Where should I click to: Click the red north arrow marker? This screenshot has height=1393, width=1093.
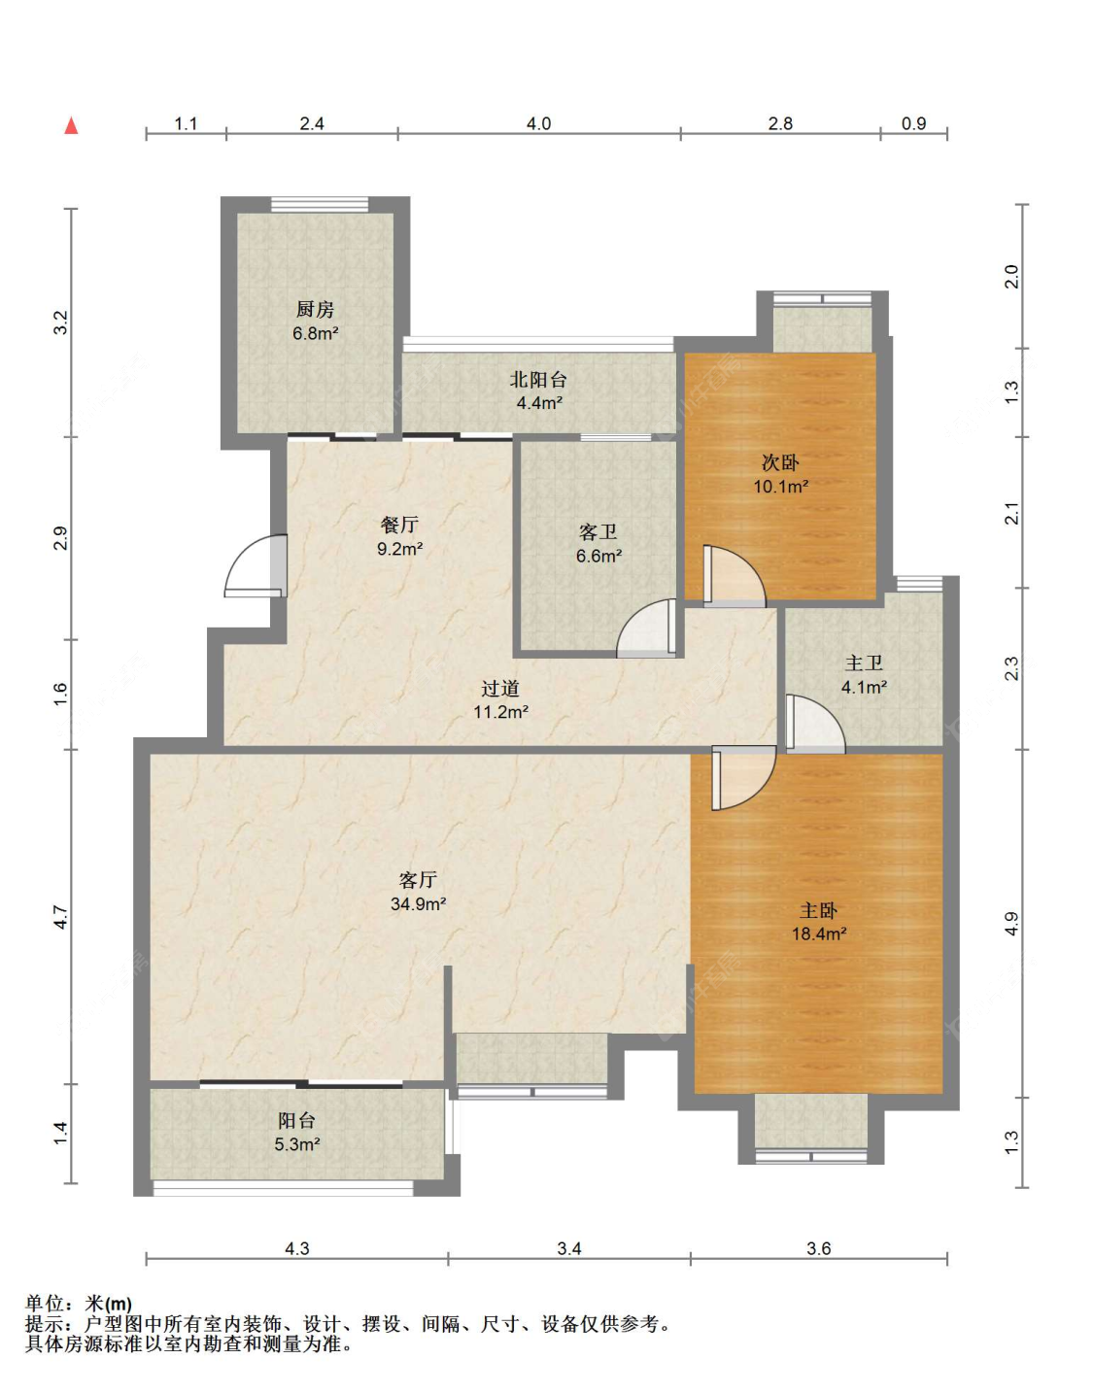pos(71,125)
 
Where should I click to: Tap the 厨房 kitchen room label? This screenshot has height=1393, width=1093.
pos(315,310)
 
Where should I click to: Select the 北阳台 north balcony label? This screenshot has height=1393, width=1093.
pos(538,380)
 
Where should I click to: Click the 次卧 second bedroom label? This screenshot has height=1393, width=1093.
pos(780,462)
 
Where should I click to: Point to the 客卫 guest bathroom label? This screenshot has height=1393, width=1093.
pos(598,531)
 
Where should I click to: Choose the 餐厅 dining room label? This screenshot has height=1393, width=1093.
pos(399,525)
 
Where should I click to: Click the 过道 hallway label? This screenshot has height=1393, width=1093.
pos(500,689)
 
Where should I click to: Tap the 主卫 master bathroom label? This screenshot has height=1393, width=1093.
pos(864,663)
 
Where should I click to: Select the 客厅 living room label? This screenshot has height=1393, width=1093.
pos(418,879)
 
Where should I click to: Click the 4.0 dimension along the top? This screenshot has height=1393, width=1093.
pos(538,123)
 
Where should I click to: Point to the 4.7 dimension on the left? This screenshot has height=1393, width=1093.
pos(59,917)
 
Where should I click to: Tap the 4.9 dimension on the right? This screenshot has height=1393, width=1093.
pos(1011,923)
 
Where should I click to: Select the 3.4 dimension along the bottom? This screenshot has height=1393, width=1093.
pos(569,1248)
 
